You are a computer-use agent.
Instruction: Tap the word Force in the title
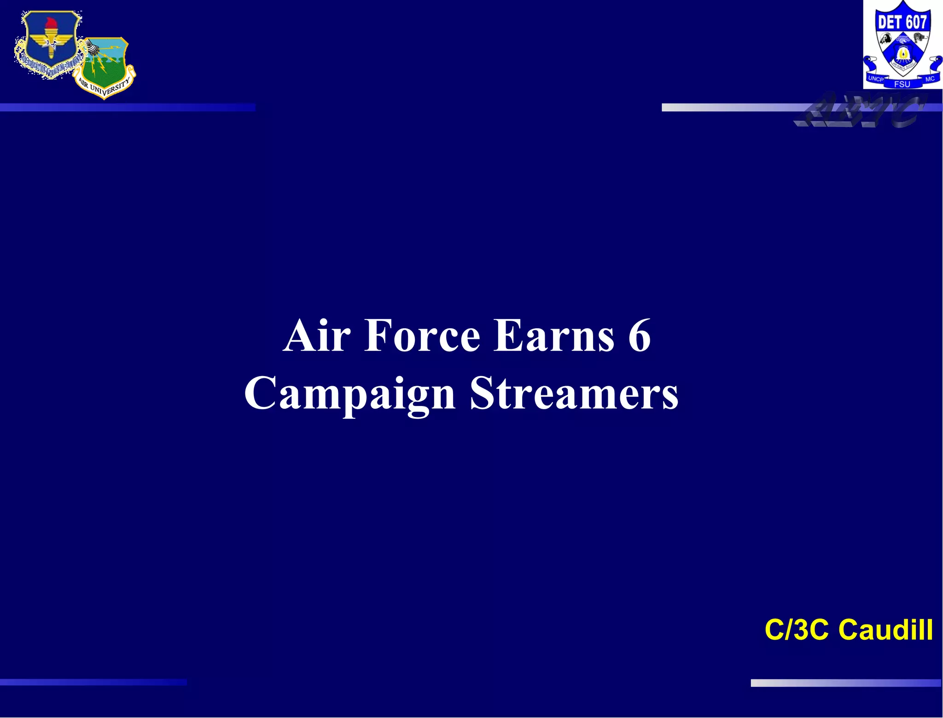coord(422,336)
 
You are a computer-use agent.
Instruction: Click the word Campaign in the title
coord(349,394)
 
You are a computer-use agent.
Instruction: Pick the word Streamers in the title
coord(574,394)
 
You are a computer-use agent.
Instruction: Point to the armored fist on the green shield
coord(92,46)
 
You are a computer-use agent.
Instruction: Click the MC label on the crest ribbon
coord(930,79)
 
